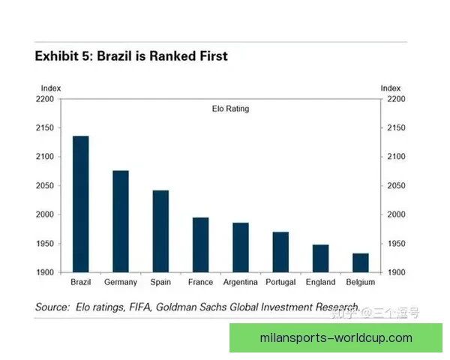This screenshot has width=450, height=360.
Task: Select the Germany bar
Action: click(121, 221)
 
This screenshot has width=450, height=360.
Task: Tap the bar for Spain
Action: click(160, 231)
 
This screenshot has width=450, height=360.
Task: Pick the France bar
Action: click(200, 245)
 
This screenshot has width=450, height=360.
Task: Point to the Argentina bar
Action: click(241, 247)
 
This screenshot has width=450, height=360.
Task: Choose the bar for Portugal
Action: click(280, 252)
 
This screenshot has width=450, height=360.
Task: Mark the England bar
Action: click(320, 259)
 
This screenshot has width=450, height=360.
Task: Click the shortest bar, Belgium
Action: click(361, 262)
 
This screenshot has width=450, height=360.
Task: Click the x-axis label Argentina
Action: click(241, 283)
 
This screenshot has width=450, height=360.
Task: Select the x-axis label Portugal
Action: click(280, 283)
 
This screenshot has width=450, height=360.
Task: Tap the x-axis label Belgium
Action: click(361, 283)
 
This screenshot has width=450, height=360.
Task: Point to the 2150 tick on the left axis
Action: click(44, 127)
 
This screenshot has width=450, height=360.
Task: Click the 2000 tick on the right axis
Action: click(396, 214)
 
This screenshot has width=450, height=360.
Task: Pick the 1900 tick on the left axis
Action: click(44, 272)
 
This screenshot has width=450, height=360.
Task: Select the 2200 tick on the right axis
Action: click(396, 99)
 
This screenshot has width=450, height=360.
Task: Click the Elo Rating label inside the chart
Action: click(229, 109)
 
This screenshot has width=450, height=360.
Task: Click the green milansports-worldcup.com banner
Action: click(335, 338)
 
